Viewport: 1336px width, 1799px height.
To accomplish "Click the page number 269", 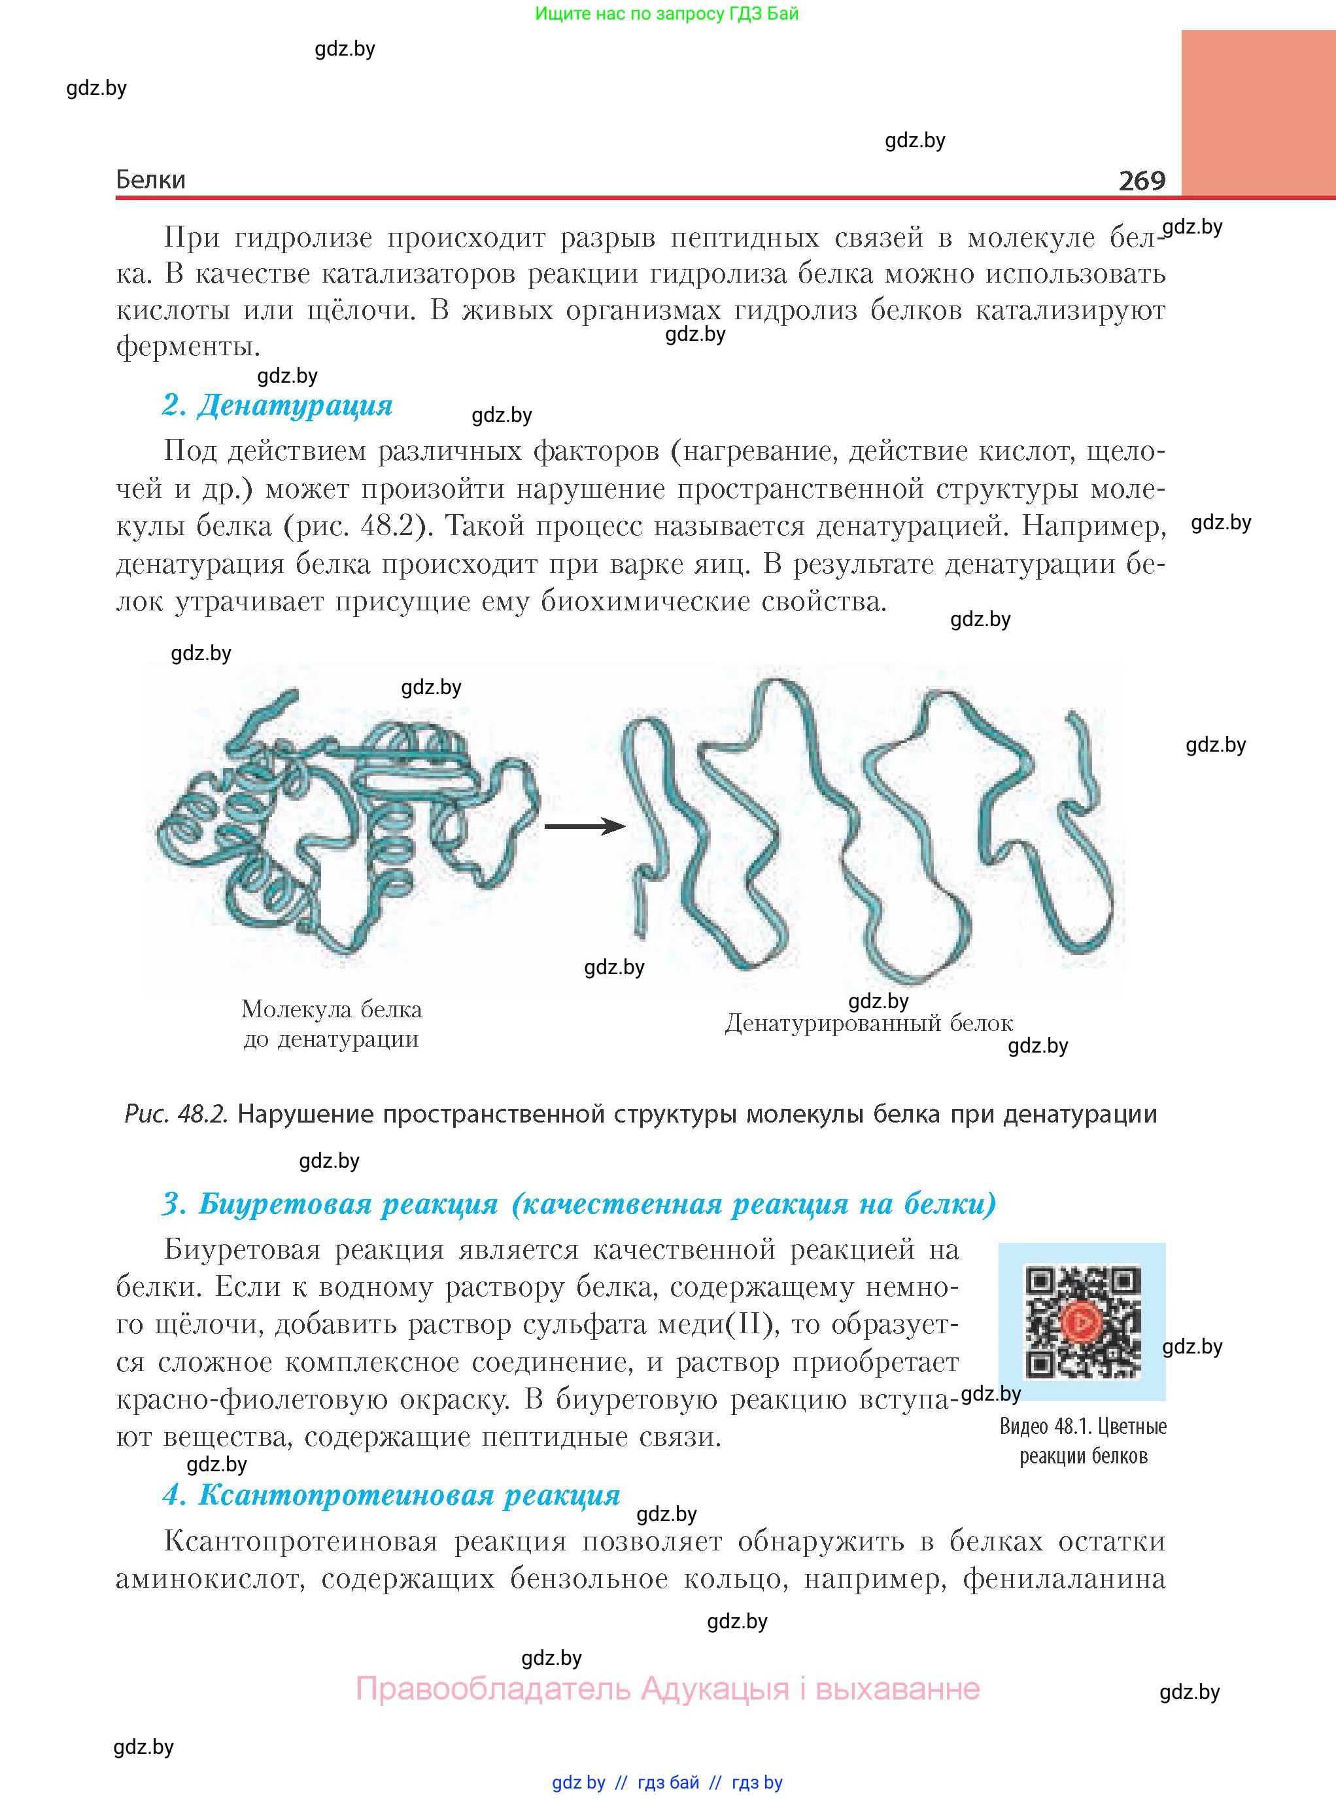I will [1141, 180].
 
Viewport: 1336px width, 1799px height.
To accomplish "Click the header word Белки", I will [150, 180].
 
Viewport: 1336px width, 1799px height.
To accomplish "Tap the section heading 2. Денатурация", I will [277, 404].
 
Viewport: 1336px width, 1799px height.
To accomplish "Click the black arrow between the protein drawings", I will [585, 826].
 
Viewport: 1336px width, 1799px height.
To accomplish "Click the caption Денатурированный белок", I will [868, 1023].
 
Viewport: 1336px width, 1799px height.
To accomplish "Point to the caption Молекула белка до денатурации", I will [332, 1024].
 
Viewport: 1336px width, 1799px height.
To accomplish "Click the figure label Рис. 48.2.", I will [177, 1115].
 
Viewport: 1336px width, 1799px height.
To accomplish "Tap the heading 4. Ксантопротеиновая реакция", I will [392, 1495].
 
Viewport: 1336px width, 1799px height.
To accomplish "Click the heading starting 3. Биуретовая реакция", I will [579, 1204].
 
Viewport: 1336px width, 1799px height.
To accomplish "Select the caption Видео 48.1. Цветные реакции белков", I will [1083, 1441].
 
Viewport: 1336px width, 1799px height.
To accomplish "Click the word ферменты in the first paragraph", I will [188, 347].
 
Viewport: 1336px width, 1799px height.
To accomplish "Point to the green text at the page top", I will [666, 14].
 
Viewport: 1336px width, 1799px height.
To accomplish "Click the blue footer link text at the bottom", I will [667, 1782].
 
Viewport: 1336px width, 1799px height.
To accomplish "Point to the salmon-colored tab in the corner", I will [1258, 113].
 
